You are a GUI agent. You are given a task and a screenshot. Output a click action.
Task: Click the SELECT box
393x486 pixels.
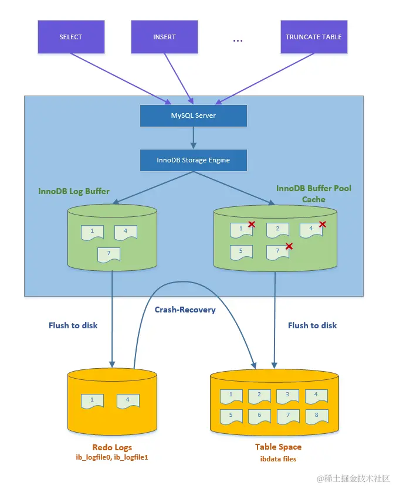pos(70,37)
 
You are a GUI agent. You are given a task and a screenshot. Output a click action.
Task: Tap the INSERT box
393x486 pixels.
pos(164,37)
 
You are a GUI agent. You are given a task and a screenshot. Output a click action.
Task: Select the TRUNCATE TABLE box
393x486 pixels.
pos(313,37)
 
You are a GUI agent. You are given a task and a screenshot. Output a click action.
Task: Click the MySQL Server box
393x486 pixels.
pos(193,115)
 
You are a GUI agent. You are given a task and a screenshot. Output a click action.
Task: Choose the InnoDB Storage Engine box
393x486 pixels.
pos(193,159)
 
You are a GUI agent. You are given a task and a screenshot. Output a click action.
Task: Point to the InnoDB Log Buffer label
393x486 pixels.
pos(74,191)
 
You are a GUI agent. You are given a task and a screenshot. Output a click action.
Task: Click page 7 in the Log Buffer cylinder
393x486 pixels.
pos(109,254)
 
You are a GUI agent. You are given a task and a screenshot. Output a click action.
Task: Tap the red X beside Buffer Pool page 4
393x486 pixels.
pos(322,224)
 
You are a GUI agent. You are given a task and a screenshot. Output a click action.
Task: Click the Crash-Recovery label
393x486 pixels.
pos(185,310)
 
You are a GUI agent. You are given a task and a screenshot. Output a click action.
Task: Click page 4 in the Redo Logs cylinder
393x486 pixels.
pos(128,401)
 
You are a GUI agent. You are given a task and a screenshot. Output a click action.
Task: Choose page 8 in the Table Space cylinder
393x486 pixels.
pos(316,416)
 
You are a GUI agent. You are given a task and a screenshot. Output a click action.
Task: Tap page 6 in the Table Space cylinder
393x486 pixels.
pos(259,416)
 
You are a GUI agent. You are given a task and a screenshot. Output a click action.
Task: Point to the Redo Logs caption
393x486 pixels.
pos(112,447)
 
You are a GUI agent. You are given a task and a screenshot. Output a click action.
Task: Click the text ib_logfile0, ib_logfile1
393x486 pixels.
pos(112,457)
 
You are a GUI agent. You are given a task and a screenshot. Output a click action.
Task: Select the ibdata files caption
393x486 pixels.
pos(278,459)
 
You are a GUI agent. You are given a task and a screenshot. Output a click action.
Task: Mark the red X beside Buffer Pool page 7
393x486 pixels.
pos(289,246)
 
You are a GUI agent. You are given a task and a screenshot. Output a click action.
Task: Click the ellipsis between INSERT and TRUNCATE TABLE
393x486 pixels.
pos(238,40)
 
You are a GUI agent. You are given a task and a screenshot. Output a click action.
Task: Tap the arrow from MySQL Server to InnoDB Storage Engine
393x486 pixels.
pos(193,138)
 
